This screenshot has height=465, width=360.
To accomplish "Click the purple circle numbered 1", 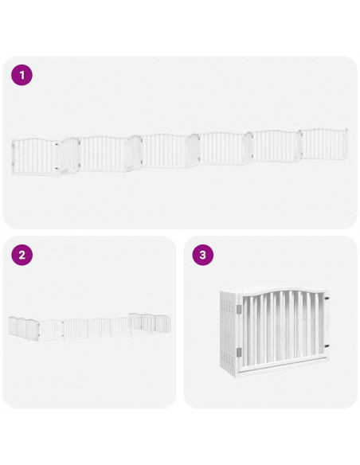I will point(22,76).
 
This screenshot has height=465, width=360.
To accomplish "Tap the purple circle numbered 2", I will point(22,255).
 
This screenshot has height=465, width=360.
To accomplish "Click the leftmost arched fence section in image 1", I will point(35,156).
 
